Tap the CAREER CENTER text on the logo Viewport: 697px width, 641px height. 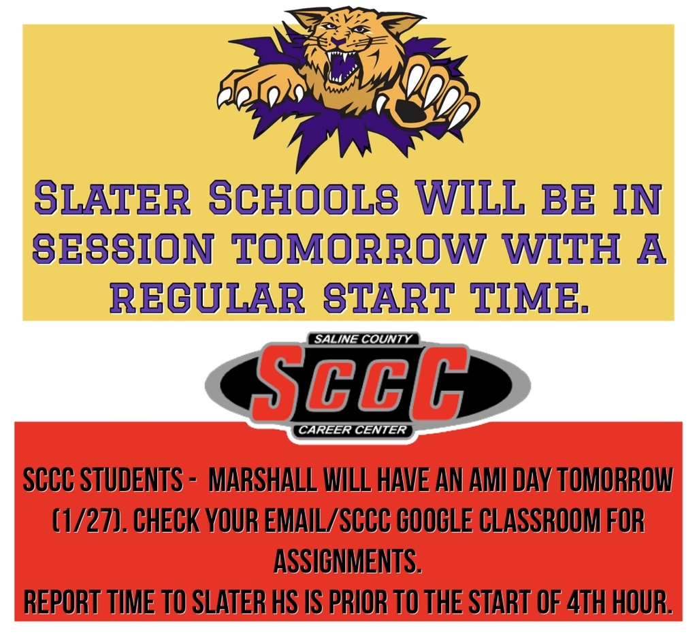pyautogui.click(x=352, y=431)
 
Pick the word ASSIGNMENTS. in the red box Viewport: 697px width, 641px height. pyautogui.click(x=348, y=562)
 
